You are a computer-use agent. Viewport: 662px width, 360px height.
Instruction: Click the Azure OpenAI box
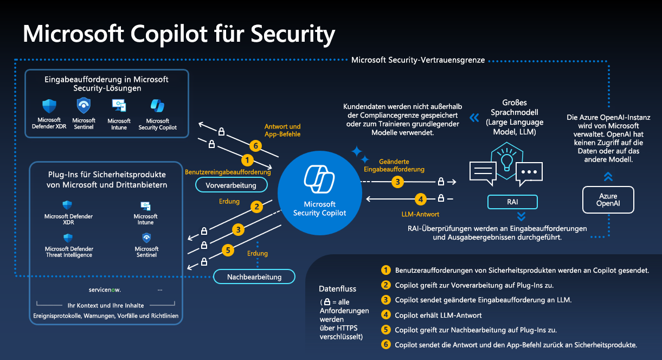pos(608,200)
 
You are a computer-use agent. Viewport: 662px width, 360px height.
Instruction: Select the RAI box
pos(512,202)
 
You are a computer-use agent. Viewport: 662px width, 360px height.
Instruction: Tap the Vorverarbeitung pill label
pos(232,185)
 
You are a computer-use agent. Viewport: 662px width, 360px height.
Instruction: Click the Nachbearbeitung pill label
pos(254,277)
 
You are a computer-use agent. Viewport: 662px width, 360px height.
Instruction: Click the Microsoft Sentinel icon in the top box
pos(83,105)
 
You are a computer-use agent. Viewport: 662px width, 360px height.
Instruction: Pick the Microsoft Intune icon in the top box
pos(119,106)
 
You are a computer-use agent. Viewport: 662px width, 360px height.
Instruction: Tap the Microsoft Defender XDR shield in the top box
pos(49,106)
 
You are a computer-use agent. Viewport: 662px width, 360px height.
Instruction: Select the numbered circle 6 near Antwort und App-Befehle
pos(255,146)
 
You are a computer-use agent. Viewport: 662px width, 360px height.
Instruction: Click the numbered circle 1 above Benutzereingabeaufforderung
pos(247,160)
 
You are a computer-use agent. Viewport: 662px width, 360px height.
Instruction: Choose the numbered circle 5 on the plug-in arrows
pos(229,250)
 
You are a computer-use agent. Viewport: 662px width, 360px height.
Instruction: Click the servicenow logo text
pos(105,290)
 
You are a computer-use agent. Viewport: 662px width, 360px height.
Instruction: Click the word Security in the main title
pos(290,35)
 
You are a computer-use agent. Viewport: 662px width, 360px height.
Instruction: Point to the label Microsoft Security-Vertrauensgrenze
pos(418,60)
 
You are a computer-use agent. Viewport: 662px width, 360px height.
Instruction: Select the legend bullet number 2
pos(386,285)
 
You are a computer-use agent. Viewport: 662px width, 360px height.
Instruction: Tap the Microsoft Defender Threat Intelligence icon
pos(68,237)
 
